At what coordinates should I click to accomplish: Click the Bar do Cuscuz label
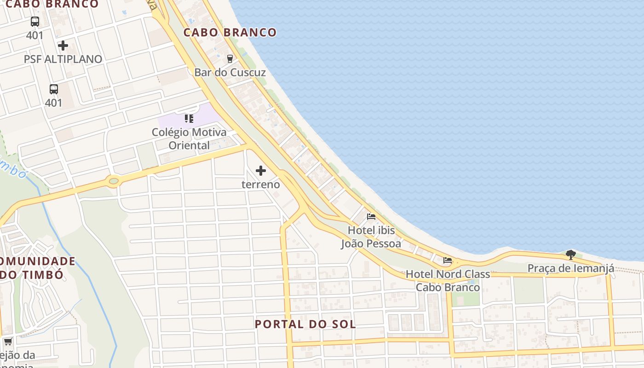pos(230,73)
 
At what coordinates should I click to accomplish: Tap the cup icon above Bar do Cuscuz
pos(230,58)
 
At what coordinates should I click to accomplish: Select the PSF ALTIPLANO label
pos(63,59)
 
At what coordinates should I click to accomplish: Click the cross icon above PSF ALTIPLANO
pos(63,46)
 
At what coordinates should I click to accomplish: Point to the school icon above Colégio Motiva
pos(189,119)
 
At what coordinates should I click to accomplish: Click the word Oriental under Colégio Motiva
pos(189,145)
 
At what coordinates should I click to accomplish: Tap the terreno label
pos(261,184)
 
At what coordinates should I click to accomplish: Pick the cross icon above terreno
pos(261,171)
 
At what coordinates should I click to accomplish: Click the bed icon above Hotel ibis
pos(371,217)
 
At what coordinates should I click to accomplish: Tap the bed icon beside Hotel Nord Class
pos(448,260)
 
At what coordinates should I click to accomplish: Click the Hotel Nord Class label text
pos(448,275)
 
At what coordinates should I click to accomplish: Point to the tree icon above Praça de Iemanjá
pos(570,254)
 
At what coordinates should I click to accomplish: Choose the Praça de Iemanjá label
pos(570,269)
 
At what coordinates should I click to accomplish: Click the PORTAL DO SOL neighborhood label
pos(305,324)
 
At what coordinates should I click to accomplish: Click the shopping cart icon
pos(8,341)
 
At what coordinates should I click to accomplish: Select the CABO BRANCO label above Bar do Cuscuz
pos(230,33)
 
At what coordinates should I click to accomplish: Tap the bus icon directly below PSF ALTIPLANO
pos(54,89)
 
